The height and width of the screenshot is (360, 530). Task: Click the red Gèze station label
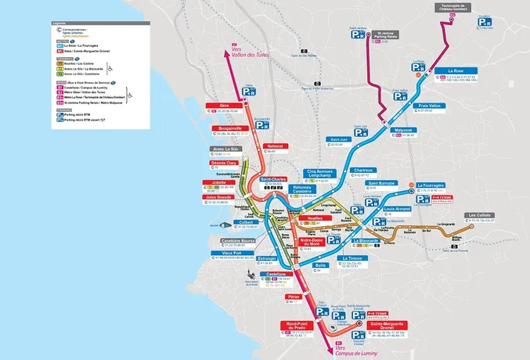(224, 105)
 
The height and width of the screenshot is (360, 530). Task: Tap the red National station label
(275, 146)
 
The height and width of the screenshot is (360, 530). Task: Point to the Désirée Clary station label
(225, 163)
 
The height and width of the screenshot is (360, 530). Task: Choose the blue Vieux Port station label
(229, 253)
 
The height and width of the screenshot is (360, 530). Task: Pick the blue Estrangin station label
(268, 258)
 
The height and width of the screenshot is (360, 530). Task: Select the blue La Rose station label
(456, 71)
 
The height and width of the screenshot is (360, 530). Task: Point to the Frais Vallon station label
(431, 105)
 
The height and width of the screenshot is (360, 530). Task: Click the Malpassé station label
(403, 130)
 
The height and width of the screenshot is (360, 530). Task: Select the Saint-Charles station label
(272, 178)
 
